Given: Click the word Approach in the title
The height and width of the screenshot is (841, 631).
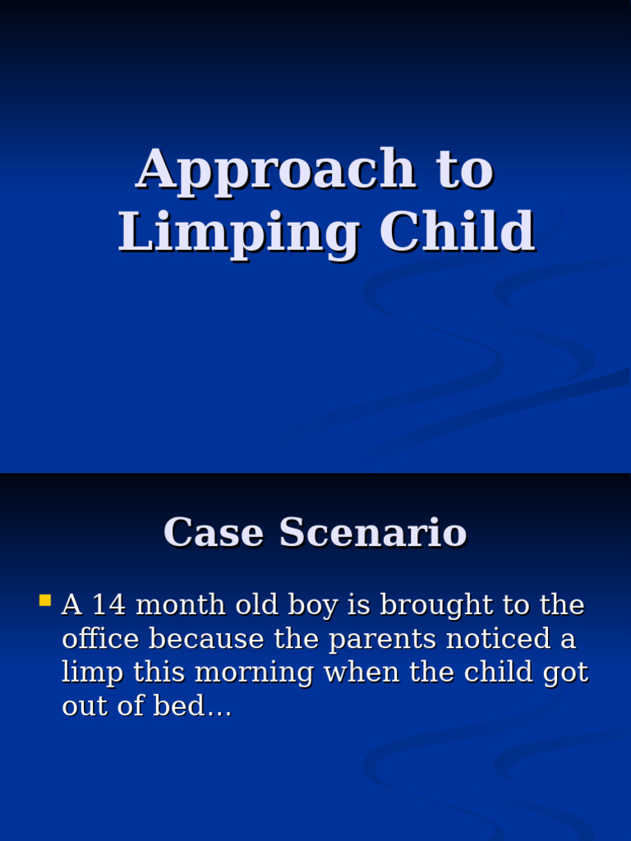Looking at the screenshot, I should pyautogui.click(x=276, y=169).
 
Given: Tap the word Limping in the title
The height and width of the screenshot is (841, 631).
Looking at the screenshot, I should pyautogui.click(x=238, y=232).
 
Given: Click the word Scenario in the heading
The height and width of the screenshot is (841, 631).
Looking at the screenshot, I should pyautogui.click(x=373, y=532).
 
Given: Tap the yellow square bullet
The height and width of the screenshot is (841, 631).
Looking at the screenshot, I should pyautogui.click(x=45, y=600).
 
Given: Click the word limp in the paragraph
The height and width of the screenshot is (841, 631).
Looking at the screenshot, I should pyautogui.click(x=93, y=673).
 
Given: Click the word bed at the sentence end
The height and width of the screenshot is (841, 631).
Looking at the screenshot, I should pyautogui.click(x=196, y=707).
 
